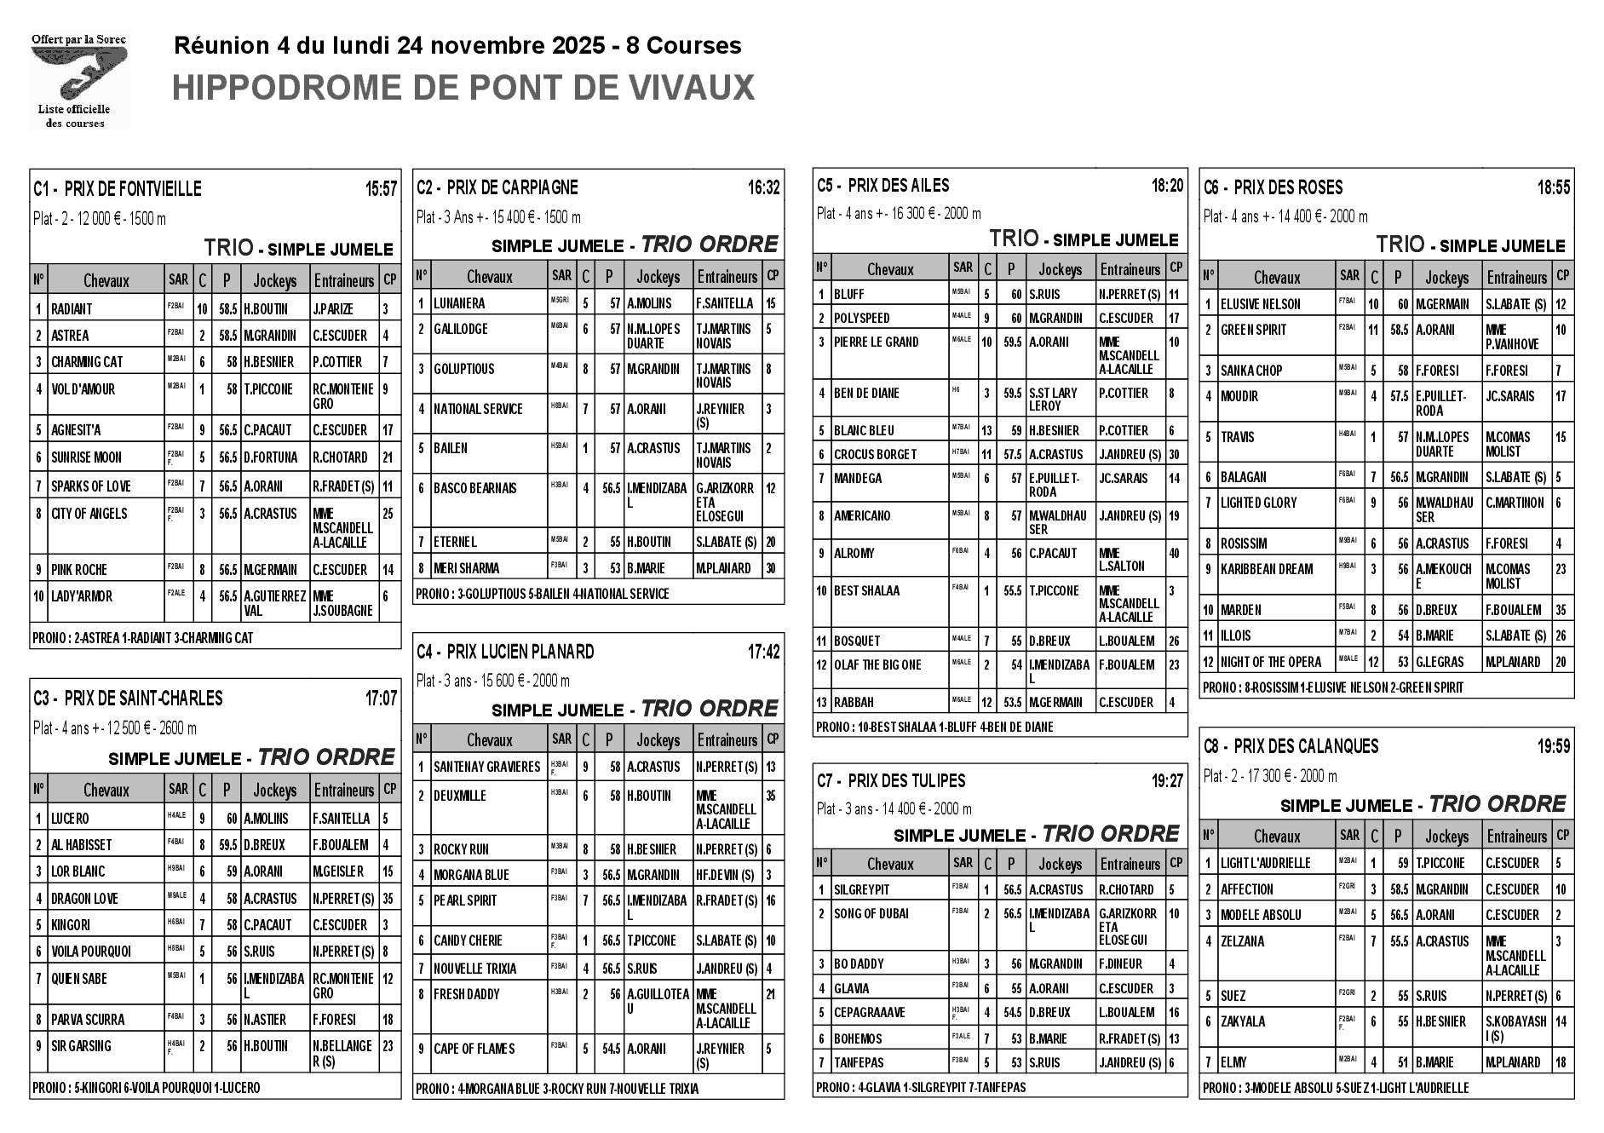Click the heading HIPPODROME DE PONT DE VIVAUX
click(x=463, y=89)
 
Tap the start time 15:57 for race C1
click(x=381, y=189)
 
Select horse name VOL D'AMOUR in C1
click(x=83, y=389)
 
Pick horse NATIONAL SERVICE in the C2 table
click(x=478, y=409)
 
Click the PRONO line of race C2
click(x=543, y=594)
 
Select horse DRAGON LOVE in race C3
click(x=84, y=899)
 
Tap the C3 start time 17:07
click(x=381, y=699)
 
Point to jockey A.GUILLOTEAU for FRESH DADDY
click(x=658, y=1001)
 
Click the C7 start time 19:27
click(x=1167, y=781)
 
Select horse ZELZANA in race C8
click(x=1242, y=941)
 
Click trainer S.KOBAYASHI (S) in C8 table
click(x=1516, y=1028)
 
